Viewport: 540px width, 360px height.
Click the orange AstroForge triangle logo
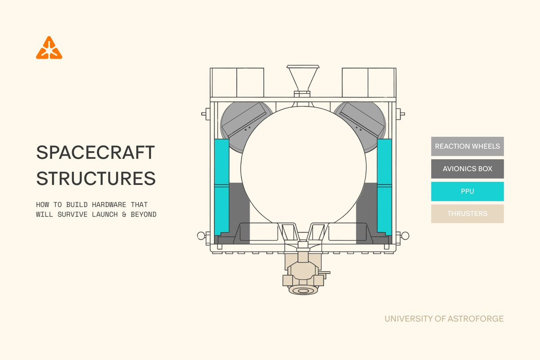pyautogui.click(x=49, y=48)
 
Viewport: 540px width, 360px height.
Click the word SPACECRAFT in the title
pyautogui.click(x=95, y=153)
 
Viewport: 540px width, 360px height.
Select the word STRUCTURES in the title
pyautogui.click(x=96, y=178)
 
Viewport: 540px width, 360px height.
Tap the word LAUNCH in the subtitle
pyautogui.click(x=105, y=214)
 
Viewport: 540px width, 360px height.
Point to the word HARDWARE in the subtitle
pyautogui.click(x=109, y=205)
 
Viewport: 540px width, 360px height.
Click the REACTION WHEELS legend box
pyautogui.click(x=468, y=146)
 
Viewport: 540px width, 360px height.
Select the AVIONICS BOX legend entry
pyautogui.click(x=468, y=169)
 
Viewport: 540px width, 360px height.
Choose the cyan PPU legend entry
pyautogui.click(x=468, y=191)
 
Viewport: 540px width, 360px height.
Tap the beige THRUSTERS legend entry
pyautogui.click(x=468, y=214)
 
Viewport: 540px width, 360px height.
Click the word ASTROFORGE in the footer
pyautogui.click(x=476, y=319)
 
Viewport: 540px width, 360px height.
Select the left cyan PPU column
pyautogui.click(x=221, y=187)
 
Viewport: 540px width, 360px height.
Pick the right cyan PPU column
pyautogui.click(x=384, y=187)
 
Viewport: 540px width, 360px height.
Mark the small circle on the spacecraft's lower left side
pyautogui.click(x=201, y=236)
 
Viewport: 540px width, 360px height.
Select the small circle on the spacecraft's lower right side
pyautogui.click(x=405, y=236)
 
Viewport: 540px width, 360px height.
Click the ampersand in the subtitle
pyautogui.click(x=124, y=214)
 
